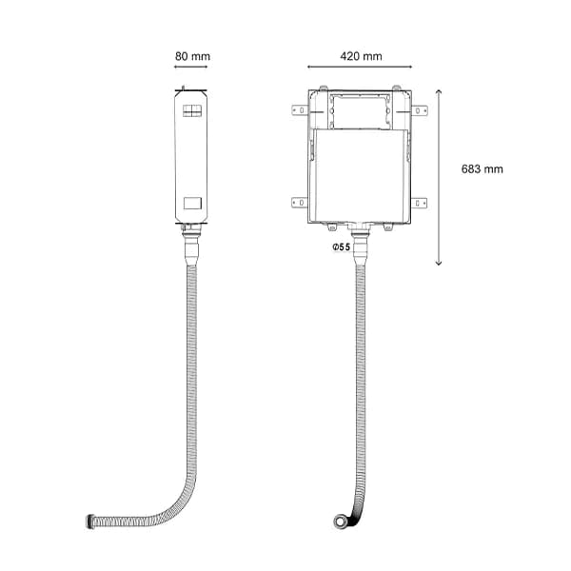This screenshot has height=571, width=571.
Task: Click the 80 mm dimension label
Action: coord(192,56)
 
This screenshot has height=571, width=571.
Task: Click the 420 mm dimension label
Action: coord(361,56)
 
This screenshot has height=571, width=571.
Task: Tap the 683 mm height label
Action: coord(482,169)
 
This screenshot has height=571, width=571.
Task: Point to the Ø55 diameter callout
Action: coord(341,247)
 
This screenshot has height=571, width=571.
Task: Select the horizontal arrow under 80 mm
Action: coord(191,67)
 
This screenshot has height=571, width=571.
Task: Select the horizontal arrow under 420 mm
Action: coord(360,67)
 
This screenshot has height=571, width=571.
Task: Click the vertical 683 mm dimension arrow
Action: coord(439,177)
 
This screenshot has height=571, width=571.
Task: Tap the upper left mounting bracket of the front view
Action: coord(300,110)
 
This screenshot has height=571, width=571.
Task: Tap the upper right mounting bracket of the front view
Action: coord(419,110)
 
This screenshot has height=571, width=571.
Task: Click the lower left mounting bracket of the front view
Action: coord(300,202)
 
